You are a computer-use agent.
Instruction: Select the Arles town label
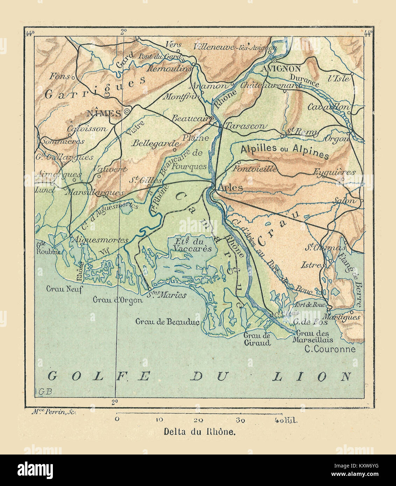pyautogui.click(x=230, y=187)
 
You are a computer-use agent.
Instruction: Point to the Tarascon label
pyautogui.click(x=246, y=126)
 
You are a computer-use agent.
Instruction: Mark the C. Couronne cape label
pyautogui.click(x=329, y=349)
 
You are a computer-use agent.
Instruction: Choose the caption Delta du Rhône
pyautogui.click(x=200, y=431)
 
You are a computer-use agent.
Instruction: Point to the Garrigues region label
pyautogui.click(x=95, y=87)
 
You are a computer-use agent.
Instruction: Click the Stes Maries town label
pyautogui.click(x=167, y=295)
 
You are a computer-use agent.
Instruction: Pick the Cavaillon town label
pyautogui.click(x=328, y=107)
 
